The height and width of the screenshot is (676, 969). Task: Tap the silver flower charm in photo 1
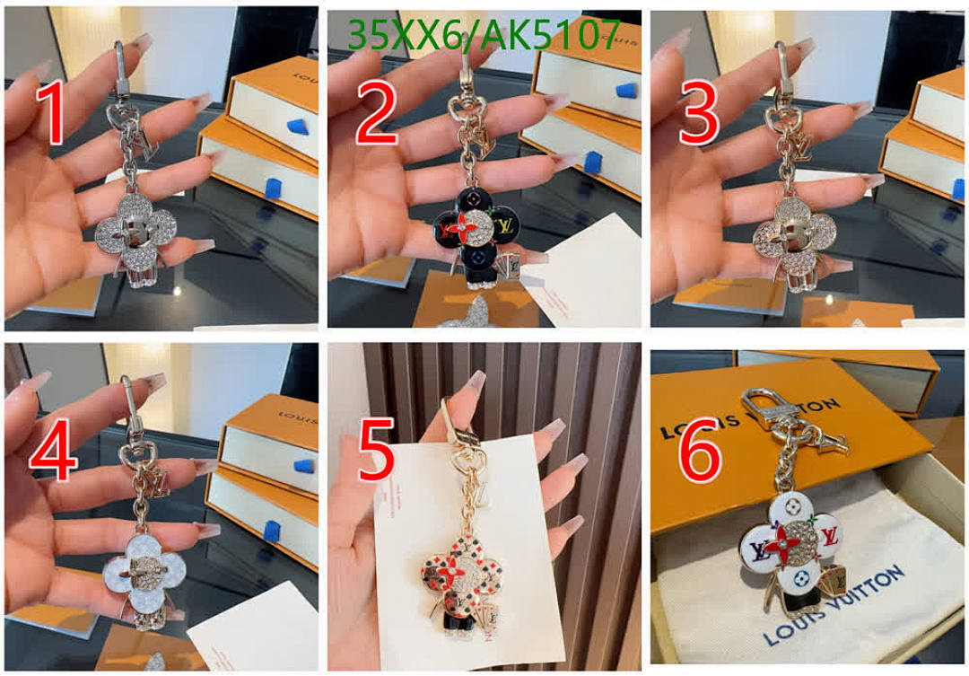135,230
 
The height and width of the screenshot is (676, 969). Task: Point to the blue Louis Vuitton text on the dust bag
834,605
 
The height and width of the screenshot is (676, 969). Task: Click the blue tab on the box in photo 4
304,466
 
